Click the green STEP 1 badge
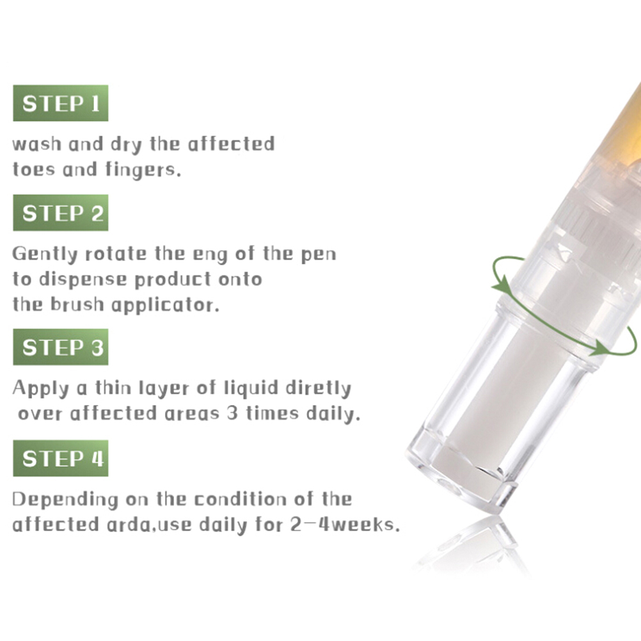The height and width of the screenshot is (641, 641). point(61,103)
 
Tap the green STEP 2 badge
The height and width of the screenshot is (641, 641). point(61,212)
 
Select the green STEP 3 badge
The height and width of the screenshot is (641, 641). point(61,347)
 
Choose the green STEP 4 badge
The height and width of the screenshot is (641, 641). point(61,458)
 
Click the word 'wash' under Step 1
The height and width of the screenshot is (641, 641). point(37,145)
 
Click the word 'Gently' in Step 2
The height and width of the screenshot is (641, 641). point(45,254)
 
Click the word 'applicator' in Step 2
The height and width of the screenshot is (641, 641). point(165,305)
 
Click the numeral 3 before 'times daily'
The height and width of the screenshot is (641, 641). point(232,413)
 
